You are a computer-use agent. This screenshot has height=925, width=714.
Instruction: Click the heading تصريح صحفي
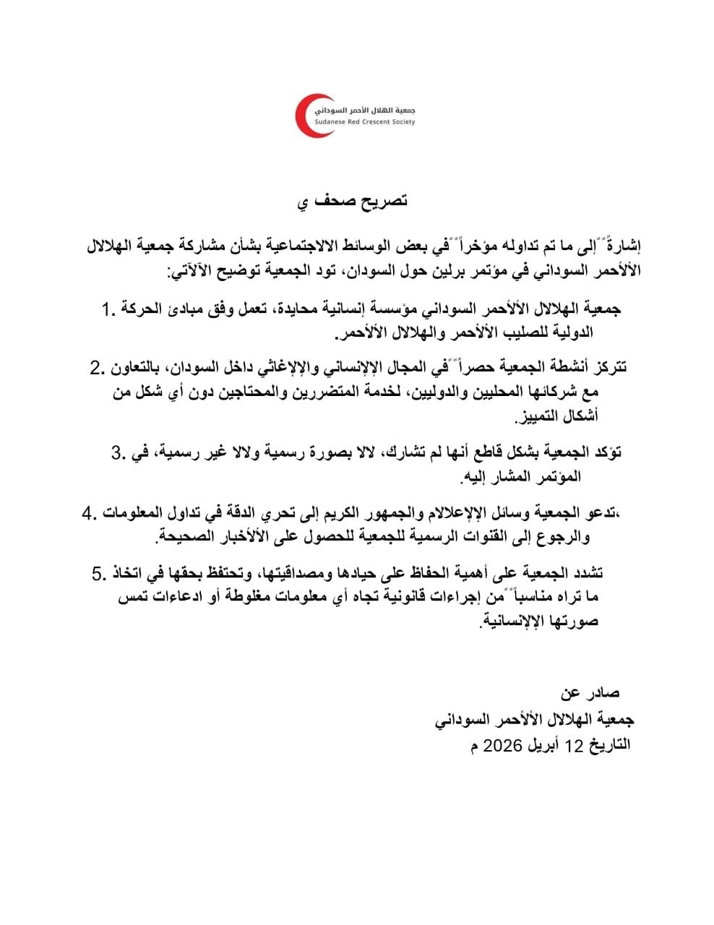point(354,200)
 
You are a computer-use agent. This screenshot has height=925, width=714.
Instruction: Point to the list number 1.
point(108,310)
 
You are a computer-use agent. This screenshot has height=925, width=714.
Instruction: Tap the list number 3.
point(119,453)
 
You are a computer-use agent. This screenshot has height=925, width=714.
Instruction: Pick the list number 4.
point(89,514)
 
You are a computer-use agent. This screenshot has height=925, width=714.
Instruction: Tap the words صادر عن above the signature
point(590,693)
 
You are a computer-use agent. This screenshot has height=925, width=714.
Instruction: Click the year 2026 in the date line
point(502,745)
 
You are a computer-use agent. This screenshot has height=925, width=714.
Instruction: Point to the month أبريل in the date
point(554,745)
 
